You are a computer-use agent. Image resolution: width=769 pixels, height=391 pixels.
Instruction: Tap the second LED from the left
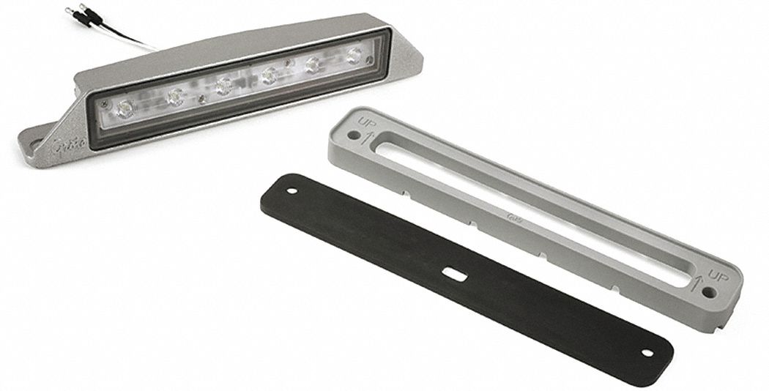(x=175, y=95)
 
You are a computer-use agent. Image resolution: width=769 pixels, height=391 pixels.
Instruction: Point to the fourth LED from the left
(x=269, y=75)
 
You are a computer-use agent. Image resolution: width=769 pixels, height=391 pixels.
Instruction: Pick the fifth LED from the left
(x=313, y=64)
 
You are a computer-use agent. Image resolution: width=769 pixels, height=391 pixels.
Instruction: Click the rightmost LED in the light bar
(x=354, y=55)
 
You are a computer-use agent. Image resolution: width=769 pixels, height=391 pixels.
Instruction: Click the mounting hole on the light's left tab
(x=32, y=138)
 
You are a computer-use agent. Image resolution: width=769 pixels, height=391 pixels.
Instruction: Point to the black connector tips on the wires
(x=75, y=12)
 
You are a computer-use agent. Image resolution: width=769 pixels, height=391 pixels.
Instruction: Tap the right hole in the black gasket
(x=647, y=353)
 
